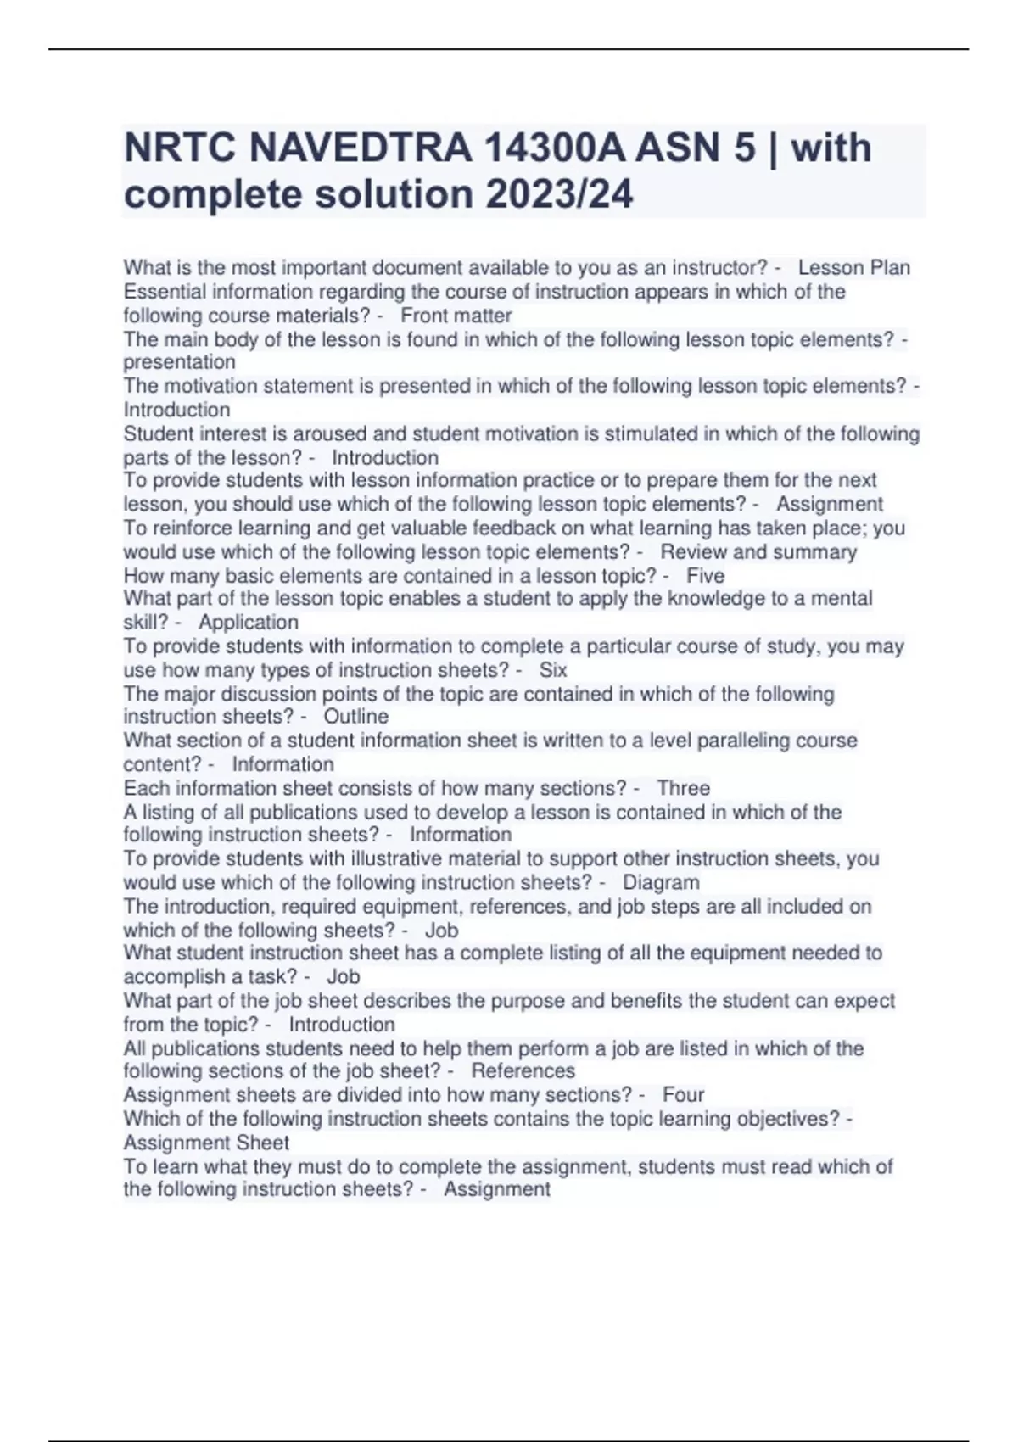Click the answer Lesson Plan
point(853,268)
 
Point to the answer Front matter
point(456,316)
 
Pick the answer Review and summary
point(758,552)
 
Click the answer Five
point(705,576)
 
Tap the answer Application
point(249,623)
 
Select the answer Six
point(553,670)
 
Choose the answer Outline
point(356,717)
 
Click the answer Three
point(683,788)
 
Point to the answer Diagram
point(661,883)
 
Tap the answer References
point(523,1071)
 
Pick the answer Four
point(683,1095)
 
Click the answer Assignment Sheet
point(206,1143)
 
